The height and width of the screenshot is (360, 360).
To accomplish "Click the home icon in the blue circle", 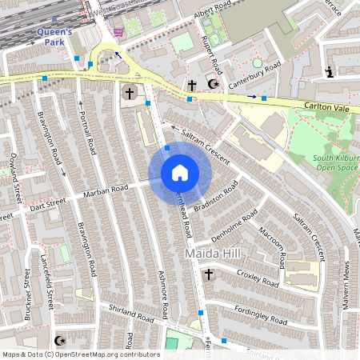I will point(179,173).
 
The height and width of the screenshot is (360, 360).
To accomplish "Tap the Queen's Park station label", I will point(55,38).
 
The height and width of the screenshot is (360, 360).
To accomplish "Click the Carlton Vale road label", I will point(326,106).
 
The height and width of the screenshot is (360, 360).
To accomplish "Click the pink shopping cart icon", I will point(118,32).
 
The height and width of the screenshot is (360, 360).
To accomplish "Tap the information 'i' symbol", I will point(329,73).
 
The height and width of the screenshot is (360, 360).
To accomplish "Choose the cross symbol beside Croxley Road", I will point(209,274).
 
